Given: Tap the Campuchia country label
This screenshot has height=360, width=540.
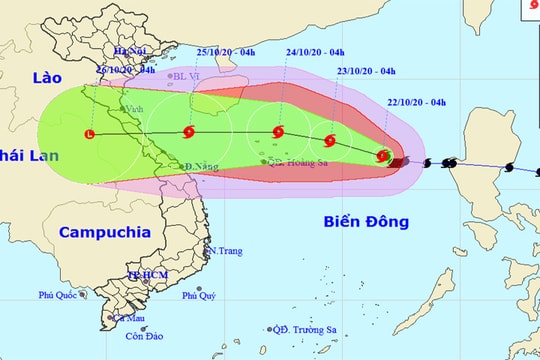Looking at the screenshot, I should [104, 232].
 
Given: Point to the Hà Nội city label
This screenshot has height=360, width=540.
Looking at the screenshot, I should [130, 51].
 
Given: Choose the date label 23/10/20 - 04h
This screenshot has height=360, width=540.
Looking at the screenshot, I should [367, 71].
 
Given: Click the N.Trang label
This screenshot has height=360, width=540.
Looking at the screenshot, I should [224, 250].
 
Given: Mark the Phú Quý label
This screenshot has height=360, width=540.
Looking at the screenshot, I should [199, 295].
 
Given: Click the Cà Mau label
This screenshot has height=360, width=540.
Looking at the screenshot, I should [128, 318].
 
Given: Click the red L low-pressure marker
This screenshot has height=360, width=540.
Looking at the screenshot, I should [90, 134].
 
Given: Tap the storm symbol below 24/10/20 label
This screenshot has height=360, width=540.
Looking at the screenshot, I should [277, 132].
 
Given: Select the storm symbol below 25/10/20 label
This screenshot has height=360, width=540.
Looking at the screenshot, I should [189, 132].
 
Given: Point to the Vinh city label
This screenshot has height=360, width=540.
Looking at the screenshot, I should [133, 109].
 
